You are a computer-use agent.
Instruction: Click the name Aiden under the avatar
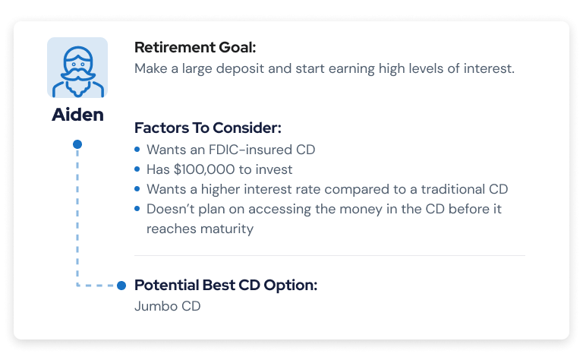coord(77,114)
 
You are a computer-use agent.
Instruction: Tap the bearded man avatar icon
coord(77,68)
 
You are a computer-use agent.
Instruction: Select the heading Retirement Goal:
coord(195,47)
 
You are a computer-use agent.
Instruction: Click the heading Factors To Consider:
coord(208,128)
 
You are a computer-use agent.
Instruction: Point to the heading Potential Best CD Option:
coord(225,286)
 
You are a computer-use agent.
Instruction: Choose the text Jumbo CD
coord(167,306)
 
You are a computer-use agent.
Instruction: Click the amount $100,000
coord(204,169)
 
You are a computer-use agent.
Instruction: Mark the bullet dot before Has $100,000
coord(137,169)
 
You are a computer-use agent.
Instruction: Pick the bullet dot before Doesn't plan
coord(137,209)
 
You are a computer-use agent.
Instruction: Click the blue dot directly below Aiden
coord(77,144)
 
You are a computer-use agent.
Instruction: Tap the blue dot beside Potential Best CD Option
coord(121,286)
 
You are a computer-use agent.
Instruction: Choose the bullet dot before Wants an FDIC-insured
coord(137,149)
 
